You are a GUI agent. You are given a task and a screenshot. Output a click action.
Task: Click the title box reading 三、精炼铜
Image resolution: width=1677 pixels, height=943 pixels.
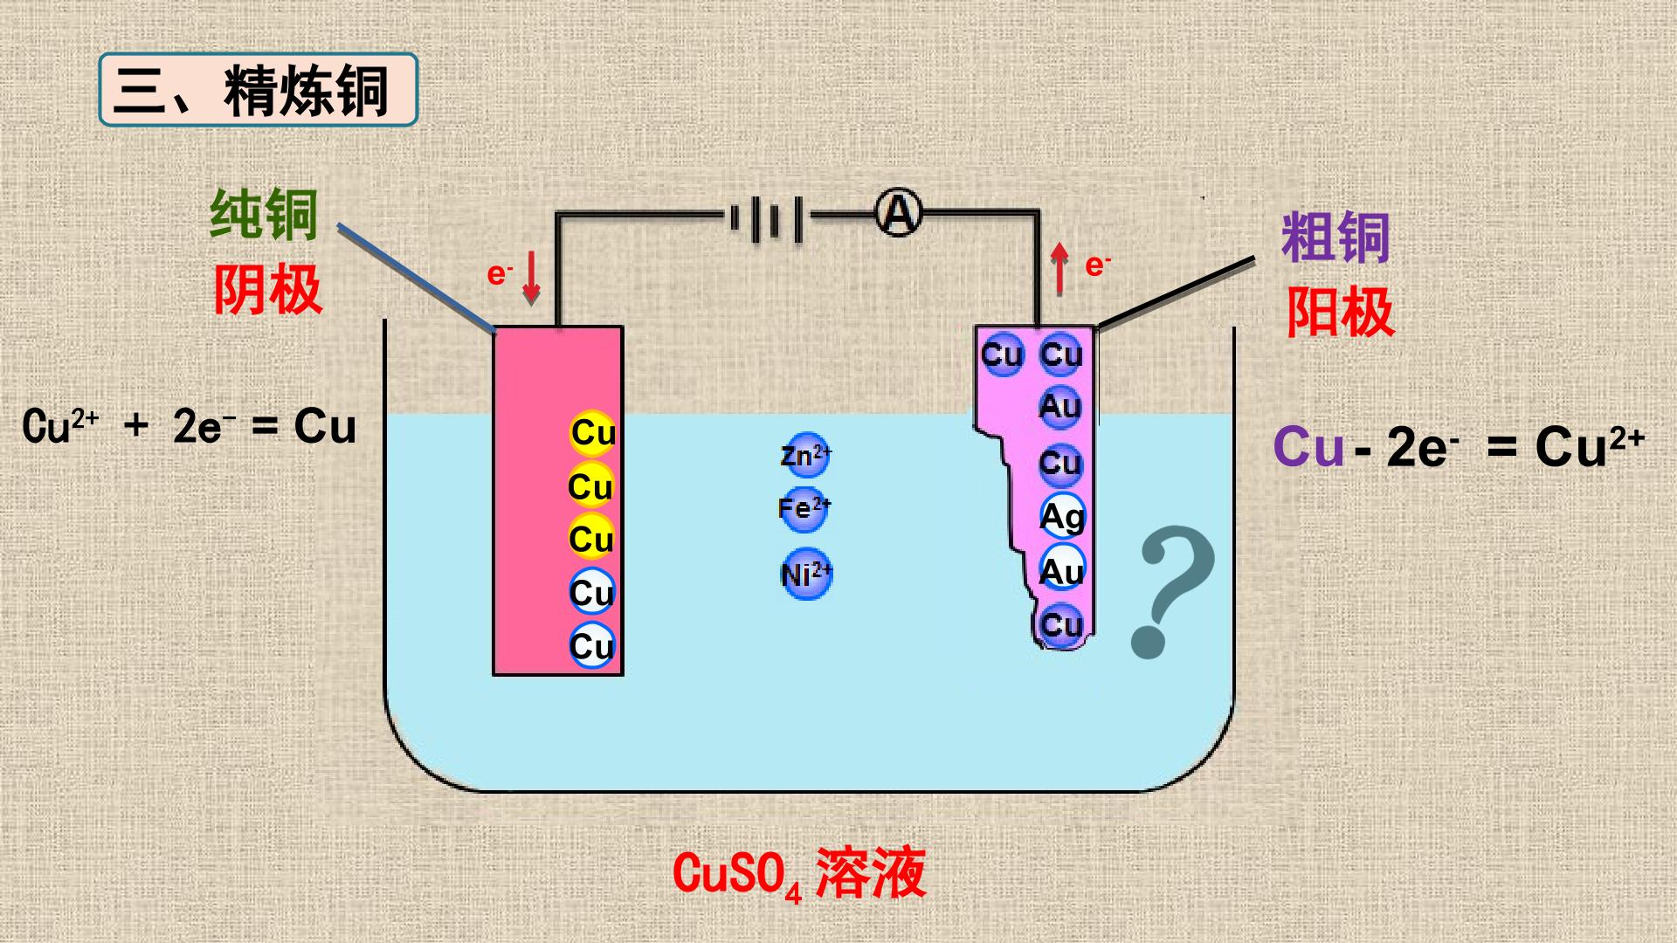pos(259,90)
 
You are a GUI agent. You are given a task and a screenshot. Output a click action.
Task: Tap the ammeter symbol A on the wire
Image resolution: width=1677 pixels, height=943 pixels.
pos(899,213)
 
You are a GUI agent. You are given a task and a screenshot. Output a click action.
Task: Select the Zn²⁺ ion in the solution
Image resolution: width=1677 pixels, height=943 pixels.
pos(805,456)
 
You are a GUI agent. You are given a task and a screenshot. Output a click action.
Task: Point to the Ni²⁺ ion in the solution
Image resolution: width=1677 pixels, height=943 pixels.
pos(806,575)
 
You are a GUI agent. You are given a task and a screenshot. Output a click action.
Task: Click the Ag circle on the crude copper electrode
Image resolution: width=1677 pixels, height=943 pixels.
pos(1062,517)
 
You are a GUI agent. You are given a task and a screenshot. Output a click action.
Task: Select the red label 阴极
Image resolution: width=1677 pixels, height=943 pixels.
pos(268,289)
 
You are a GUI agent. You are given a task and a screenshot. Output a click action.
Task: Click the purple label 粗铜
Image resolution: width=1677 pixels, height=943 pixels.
pos(1335,237)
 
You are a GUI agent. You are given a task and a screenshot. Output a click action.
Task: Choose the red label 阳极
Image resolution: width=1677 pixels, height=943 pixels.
pos(1340,312)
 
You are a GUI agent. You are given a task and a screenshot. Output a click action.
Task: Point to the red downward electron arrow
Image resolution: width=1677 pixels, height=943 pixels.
pos(531,278)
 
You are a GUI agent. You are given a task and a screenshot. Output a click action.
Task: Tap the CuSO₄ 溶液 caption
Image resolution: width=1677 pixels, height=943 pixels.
pos(799,874)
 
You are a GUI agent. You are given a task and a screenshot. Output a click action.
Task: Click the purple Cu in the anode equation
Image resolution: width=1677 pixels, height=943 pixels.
pos(1308,448)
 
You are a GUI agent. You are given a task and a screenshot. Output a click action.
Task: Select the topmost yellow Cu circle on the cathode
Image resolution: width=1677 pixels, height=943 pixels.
pos(593,433)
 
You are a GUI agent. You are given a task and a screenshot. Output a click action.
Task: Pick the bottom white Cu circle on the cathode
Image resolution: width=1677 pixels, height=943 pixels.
pos(592,646)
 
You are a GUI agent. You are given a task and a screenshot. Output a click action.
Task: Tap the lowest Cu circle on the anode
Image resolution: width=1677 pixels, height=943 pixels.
pos(1062,625)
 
